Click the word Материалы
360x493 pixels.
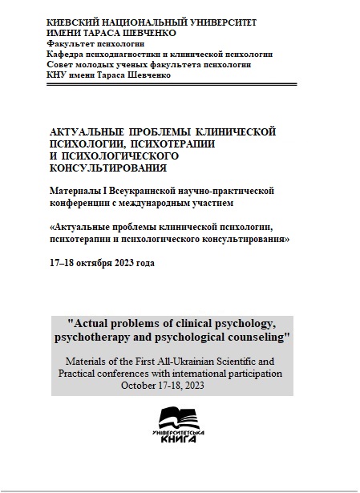[x=77, y=190]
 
